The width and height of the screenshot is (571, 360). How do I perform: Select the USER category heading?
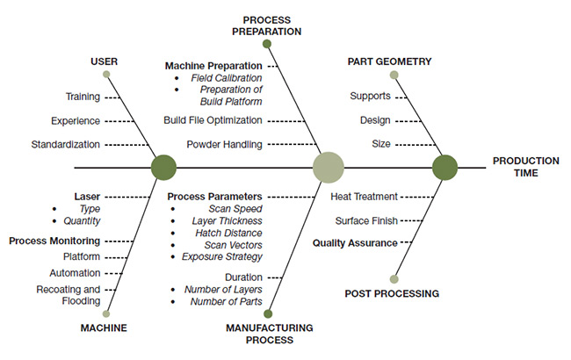105,61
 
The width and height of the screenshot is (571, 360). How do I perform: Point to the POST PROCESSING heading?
392,293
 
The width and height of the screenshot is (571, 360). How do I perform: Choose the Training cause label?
83,97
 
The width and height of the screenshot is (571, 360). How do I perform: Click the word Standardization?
66,144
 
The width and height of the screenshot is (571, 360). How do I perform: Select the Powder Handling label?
220,144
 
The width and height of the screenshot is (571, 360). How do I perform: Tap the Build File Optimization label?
213,119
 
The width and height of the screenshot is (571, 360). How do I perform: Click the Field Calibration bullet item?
228,78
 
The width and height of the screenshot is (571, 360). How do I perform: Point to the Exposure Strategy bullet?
221,256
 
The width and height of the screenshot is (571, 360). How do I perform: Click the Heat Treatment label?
364,197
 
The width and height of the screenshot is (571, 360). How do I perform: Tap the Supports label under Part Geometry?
370,96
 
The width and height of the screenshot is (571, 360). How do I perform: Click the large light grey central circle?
329,167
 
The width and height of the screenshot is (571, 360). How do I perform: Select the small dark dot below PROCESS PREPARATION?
267,43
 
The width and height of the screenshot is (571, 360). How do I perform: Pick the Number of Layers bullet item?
223,289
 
